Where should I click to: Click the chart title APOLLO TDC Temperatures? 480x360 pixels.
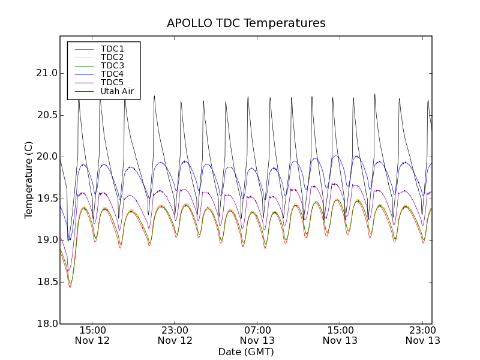pos(246,23)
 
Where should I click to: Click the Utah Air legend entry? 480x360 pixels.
pos(116,91)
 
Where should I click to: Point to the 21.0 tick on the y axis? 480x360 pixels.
pos(46,73)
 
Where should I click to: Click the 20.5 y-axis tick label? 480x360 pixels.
pos(46,115)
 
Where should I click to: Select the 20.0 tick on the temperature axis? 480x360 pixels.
pos(46,157)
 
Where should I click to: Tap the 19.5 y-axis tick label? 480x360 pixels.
pos(46,199)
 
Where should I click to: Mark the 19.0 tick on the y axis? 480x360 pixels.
pos(46,240)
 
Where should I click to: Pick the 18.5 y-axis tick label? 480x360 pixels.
pos(46,282)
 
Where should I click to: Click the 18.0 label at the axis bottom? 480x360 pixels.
pos(46,323)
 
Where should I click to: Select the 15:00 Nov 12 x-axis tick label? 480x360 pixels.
pos(92,335)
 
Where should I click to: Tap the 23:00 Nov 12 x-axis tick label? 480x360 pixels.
pos(175,335)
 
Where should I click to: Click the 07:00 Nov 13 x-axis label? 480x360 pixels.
pos(257,335)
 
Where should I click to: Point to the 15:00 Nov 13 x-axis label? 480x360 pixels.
pos(340,335)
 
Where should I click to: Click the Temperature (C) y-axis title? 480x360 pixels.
pos(29,180)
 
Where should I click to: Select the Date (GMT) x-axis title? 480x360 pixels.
pos(246,352)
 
